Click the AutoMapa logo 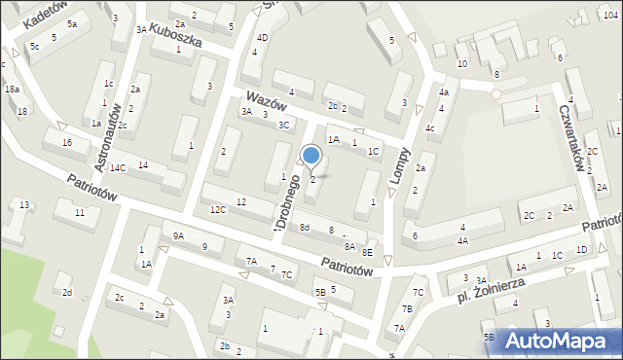pos(564,341)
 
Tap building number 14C pos(118,168)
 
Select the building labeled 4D pos(262,38)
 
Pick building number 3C pos(284,125)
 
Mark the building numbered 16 pos(67,144)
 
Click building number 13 pos(24,204)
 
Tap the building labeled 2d pos(67,292)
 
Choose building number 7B pos(407,309)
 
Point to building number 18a pos(12,90)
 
